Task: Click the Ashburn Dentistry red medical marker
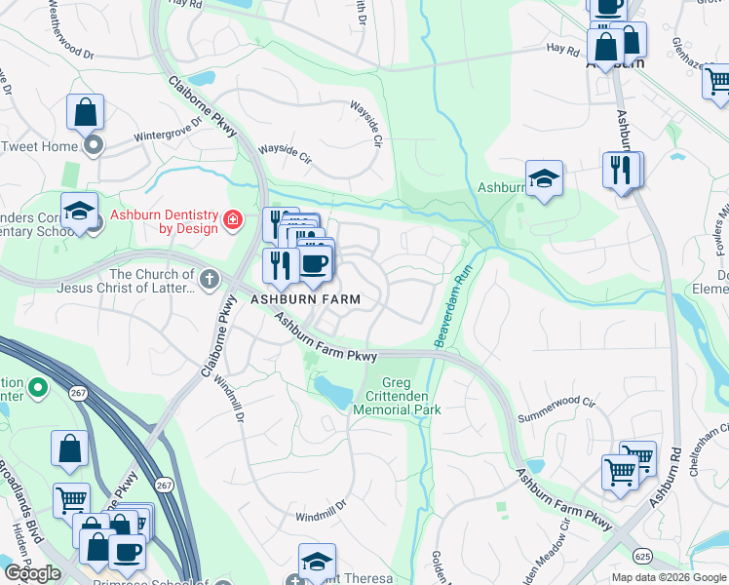pyautogui.click(x=232, y=220)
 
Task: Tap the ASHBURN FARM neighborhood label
pyautogui.click(x=307, y=299)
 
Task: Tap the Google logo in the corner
pyautogui.click(x=32, y=572)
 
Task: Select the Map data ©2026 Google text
pyautogui.click(x=669, y=577)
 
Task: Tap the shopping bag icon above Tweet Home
pyautogui.click(x=85, y=111)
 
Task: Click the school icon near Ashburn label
pyautogui.click(x=543, y=178)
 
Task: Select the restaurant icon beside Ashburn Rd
pyautogui.click(x=620, y=169)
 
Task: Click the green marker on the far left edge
pyautogui.click(x=38, y=388)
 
